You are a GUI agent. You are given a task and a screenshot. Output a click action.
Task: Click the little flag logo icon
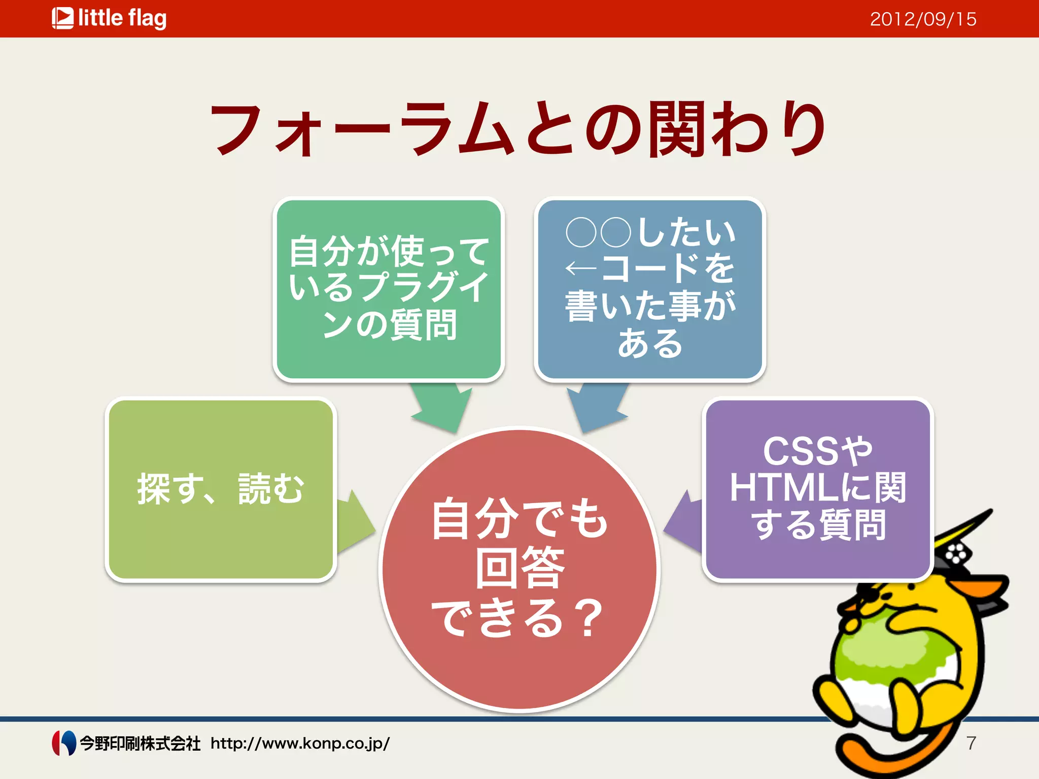(62, 18)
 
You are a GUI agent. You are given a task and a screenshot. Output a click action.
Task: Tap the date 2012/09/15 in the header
(923, 19)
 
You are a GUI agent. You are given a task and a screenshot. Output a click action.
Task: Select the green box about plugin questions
(389, 289)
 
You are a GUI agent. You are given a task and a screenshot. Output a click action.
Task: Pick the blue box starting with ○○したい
(650, 289)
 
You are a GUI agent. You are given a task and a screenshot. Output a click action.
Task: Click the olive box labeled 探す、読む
(221, 489)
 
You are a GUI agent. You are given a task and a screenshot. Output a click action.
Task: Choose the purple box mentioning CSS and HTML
(818, 489)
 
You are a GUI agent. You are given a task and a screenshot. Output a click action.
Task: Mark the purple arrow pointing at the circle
(684, 525)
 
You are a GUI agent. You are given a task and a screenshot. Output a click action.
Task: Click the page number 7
(971, 743)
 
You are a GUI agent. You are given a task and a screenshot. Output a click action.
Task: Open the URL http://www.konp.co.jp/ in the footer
(300, 743)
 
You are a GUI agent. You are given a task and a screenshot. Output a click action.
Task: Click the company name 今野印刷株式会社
(140, 743)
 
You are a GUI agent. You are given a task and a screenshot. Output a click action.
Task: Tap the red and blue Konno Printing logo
(64, 743)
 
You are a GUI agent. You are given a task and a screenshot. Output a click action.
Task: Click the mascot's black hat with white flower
(954, 555)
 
